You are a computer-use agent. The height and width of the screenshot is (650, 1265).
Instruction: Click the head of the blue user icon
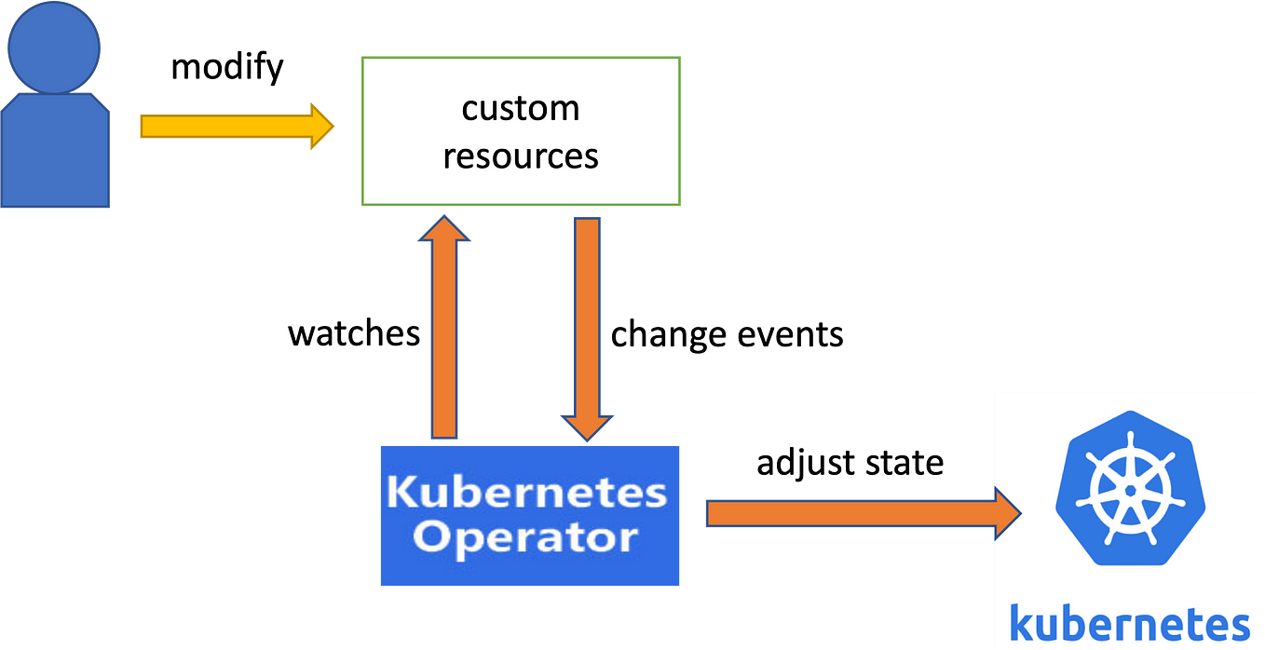[x=54, y=47]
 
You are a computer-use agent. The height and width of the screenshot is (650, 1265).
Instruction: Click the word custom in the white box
[x=521, y=109]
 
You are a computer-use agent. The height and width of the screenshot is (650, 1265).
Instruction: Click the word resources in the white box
[x=521, y=156]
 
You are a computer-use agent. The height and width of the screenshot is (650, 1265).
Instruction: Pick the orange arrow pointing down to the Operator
[x=587, y=317]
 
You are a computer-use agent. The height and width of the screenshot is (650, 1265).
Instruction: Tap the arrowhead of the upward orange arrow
[x=444, y=228]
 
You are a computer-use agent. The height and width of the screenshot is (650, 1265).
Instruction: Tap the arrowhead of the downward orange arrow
[x=587, y=428]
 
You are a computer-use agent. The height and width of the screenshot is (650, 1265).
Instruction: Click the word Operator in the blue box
[x=527, y=537]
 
